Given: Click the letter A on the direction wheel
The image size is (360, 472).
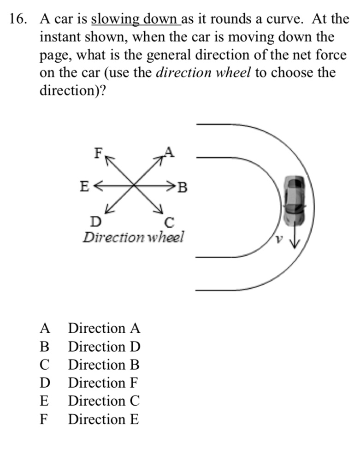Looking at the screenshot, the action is click(169, 152).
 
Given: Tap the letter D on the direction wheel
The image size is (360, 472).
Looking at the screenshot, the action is click(95, 222).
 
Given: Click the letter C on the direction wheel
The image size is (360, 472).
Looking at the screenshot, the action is click(169, 223).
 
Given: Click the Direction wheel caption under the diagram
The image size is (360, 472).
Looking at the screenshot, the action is click(133, 238).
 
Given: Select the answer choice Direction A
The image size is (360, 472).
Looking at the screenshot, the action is click(104, 329).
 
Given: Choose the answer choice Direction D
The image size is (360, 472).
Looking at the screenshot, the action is click(104, 347).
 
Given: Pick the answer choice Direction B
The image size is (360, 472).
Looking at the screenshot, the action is click(104, 365).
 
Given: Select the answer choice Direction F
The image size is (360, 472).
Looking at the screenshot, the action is click(103, 383).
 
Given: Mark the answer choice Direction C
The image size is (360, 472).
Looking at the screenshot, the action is click(104, 401).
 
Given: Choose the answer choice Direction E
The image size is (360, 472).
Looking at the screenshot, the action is click(103, 419).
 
